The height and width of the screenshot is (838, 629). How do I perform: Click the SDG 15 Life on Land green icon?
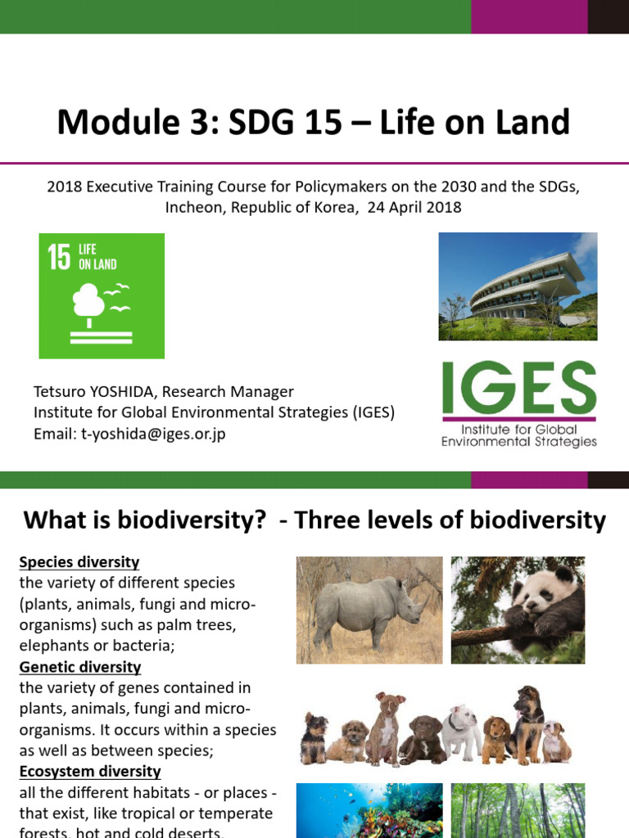[x=102, y=295]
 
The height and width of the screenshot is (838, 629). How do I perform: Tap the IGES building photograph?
[x=518, y=286]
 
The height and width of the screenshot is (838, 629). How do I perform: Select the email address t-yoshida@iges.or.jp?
[x=153, y=434]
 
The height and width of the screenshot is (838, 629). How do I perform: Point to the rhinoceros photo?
[x=369, y=610]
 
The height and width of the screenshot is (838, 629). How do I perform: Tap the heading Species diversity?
[x=79, y=562]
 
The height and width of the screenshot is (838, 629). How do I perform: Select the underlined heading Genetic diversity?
[x=80, y=667]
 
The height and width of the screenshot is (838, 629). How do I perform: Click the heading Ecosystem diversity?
[x=90, y=772]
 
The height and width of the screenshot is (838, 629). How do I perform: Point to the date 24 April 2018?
[x=414, y=207]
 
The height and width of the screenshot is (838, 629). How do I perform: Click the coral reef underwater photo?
[x=369, y=810]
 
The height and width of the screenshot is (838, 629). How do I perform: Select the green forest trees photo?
[x=518, y=810]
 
